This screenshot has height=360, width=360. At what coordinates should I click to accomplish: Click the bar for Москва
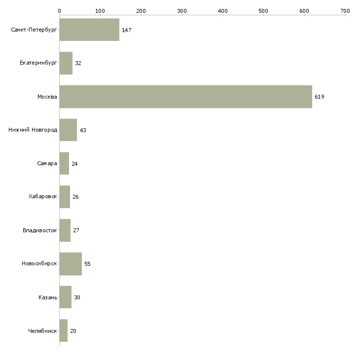[x=185, y=97]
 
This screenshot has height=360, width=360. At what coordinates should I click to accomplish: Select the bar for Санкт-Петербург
[x=89, y=30]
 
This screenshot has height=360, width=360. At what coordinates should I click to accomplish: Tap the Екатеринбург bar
[x=66, y=63]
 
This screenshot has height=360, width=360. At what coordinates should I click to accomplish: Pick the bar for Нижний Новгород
[x=68, y=130]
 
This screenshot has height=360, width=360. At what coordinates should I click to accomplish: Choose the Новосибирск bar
[x=71, y=264]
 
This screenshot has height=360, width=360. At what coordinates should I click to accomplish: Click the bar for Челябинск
[x=63, y=330]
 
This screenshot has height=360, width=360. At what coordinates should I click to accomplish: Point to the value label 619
[x=320, y=97]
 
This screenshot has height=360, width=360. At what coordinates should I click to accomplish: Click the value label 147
[x=126, y=30]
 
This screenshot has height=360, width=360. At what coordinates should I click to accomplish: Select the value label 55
[x=87, y=264]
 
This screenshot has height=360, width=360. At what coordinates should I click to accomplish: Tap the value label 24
[x=74, y=164]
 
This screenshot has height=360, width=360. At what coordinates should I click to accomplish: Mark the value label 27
[x=76, y=230]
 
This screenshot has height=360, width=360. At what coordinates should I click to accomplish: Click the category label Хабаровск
[x=43, y=197]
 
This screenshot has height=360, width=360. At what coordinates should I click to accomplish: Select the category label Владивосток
[x=40, y=230]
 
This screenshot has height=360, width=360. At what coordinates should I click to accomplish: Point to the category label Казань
[x=48, y=297]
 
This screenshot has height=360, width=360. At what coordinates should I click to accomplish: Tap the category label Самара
[x=47, y=164]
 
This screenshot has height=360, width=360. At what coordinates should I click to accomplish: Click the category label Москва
[x=47, y=97]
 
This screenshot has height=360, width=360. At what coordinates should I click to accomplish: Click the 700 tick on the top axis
[x=345, y=10]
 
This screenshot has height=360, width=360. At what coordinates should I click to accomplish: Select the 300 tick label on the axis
[x=181, y=10]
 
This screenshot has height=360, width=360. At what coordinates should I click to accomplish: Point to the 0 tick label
[x=59, y=10]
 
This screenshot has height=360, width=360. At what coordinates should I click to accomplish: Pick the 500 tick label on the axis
[x=263, y=10]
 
